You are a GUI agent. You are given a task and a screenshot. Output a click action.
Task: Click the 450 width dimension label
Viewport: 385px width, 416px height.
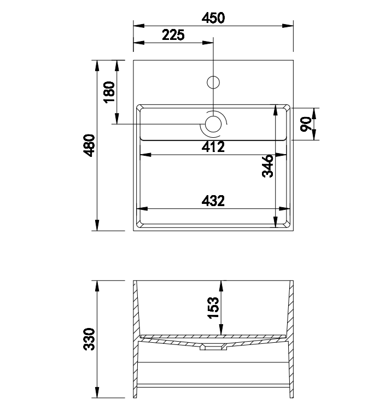pos(213,18)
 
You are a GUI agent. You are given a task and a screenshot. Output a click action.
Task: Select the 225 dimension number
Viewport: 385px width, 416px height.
pos(173,35)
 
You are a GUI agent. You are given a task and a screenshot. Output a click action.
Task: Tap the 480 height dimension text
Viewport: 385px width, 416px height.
pos(89,145)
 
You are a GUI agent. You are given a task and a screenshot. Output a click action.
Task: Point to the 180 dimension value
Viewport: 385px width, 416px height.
pos(109,92)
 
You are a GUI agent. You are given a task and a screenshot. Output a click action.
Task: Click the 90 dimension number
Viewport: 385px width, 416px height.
pos(306,124)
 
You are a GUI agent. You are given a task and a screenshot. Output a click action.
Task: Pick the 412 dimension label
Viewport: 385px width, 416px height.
pos(213,147)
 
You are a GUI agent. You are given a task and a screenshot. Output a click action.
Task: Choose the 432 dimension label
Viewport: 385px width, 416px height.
pos(213,201)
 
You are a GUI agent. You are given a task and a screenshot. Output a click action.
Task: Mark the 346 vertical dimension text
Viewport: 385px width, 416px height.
pos(267,166)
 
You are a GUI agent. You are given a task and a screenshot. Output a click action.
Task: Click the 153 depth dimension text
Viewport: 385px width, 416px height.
pos(213,308)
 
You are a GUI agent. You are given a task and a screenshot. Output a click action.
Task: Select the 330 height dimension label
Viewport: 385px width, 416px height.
pos(89,339)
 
